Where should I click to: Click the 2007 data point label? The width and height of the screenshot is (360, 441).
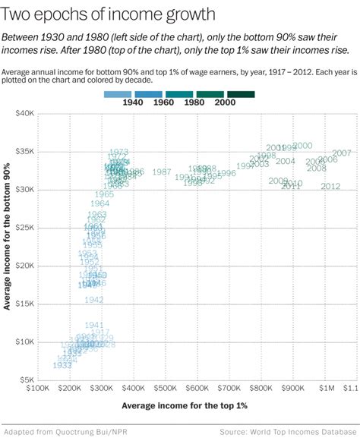click(341, 153)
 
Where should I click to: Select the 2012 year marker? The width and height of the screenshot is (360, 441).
click(330, 187)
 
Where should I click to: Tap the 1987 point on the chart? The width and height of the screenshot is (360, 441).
click(161, 172)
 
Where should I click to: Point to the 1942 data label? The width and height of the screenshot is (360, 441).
click(94, 300)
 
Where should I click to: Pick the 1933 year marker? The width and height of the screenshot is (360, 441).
click(63, 365)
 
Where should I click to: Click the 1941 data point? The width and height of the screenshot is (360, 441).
click(94, 325)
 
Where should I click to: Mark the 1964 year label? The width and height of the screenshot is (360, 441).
click(99, 203)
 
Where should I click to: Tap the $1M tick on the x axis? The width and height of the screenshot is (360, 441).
click(325, 387)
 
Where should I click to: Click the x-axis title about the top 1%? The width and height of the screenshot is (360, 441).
click(185, 405)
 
